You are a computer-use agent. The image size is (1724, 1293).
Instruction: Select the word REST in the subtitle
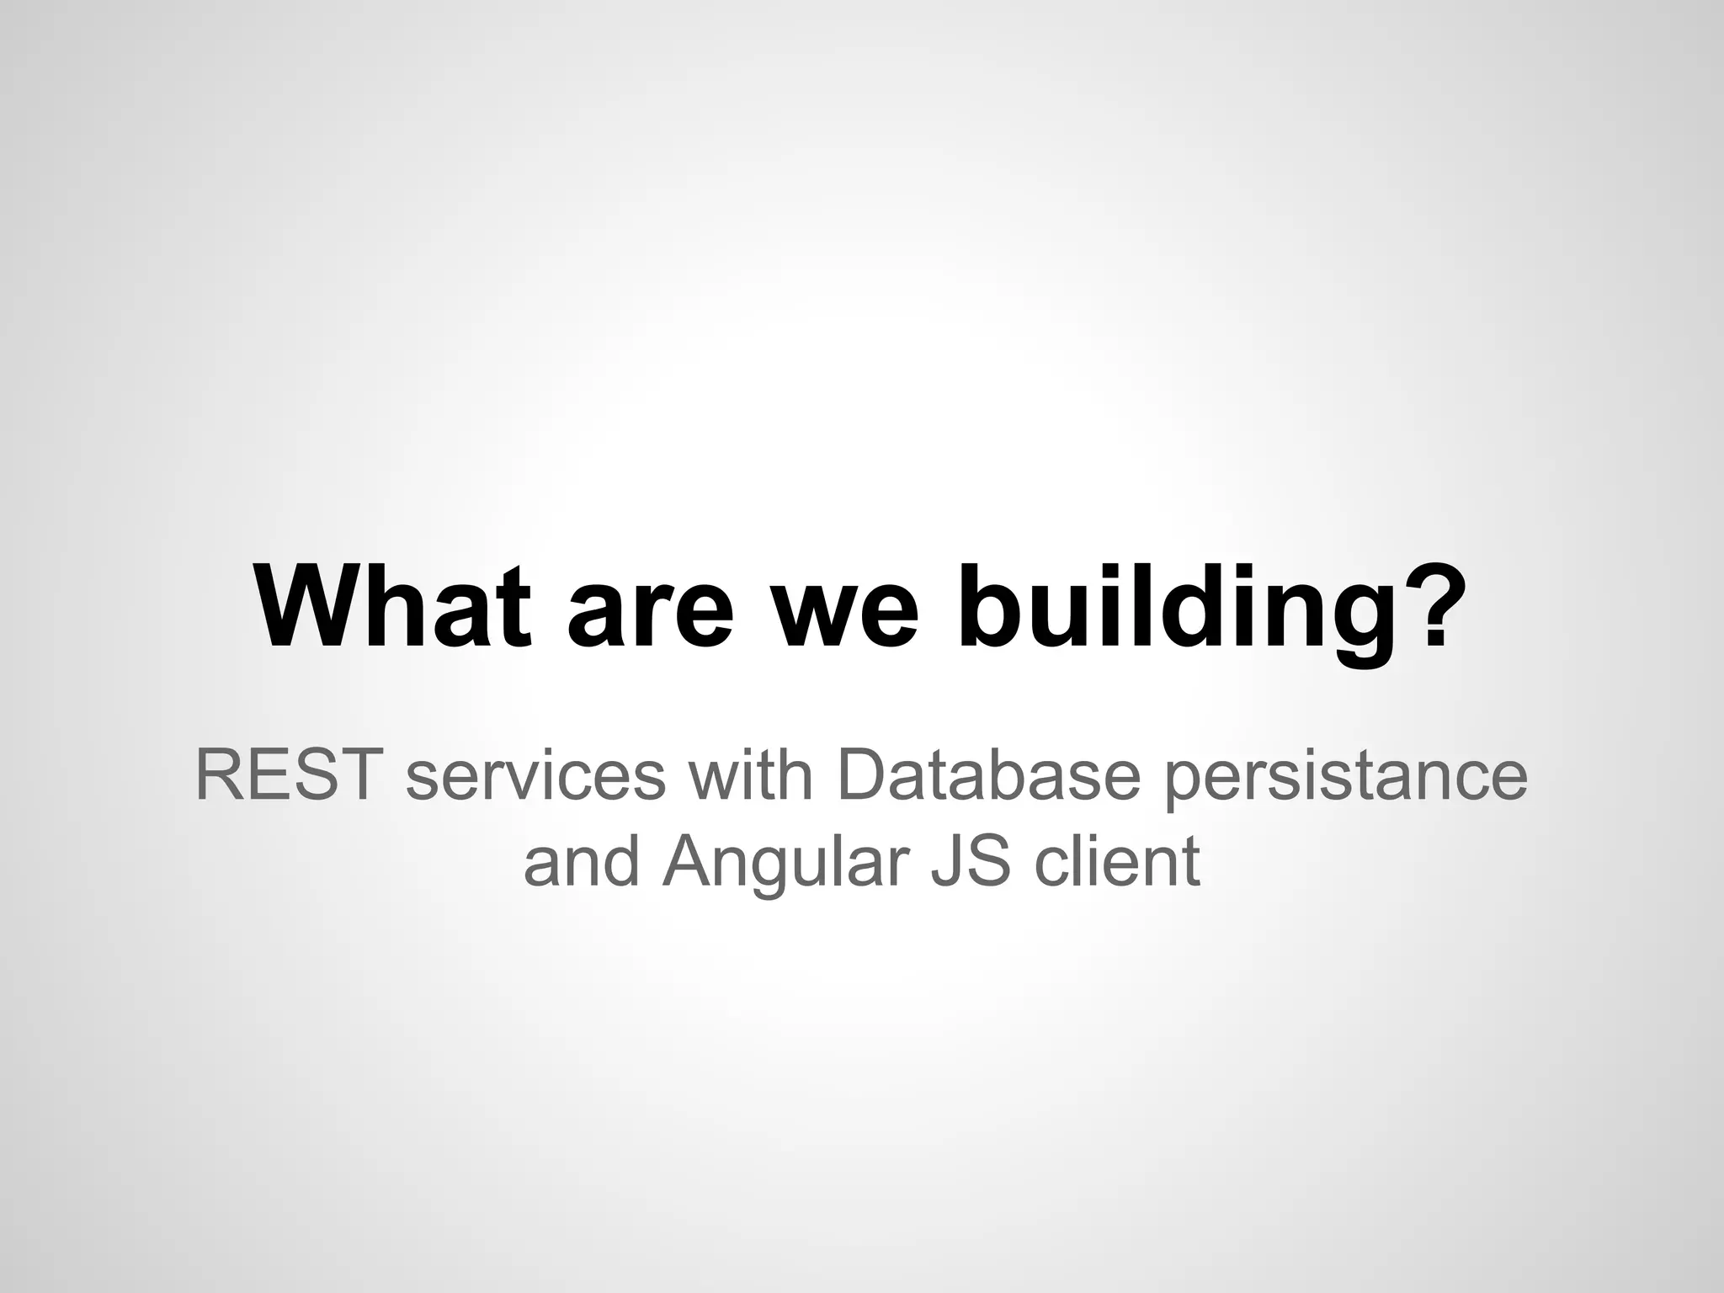285,776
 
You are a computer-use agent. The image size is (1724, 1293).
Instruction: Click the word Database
987,776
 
